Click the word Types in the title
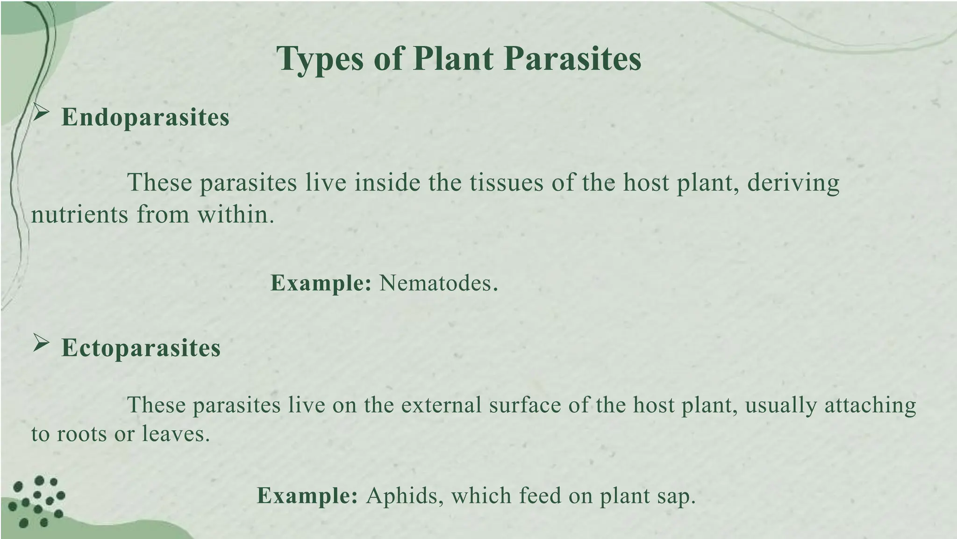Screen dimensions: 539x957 tap(320, 59)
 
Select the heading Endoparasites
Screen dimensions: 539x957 tap(145, 117)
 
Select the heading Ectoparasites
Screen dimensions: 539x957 tap(141, 348)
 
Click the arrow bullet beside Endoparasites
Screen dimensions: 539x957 tap(42, 113)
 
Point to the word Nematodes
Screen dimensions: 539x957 tap(438, 283)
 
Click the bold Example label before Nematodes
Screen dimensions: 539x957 tap(321, 283)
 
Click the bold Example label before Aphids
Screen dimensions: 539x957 tap(307, 496)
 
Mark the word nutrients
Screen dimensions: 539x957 tap(79, 215)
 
